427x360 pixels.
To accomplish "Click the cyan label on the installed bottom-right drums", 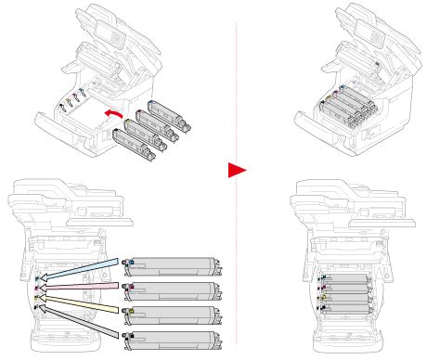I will [x=320, y=276].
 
